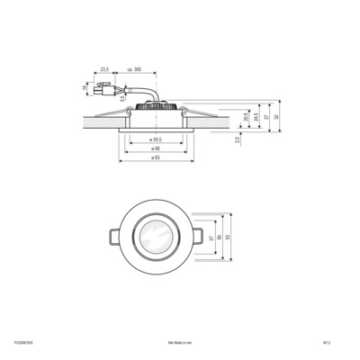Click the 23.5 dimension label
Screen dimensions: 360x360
[105, 69]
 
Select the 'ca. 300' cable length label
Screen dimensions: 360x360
[134, 69]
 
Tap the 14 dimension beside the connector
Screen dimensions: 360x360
[88, 87]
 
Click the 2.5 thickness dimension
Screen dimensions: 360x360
[237, 139]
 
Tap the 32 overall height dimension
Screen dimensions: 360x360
[278, 116]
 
